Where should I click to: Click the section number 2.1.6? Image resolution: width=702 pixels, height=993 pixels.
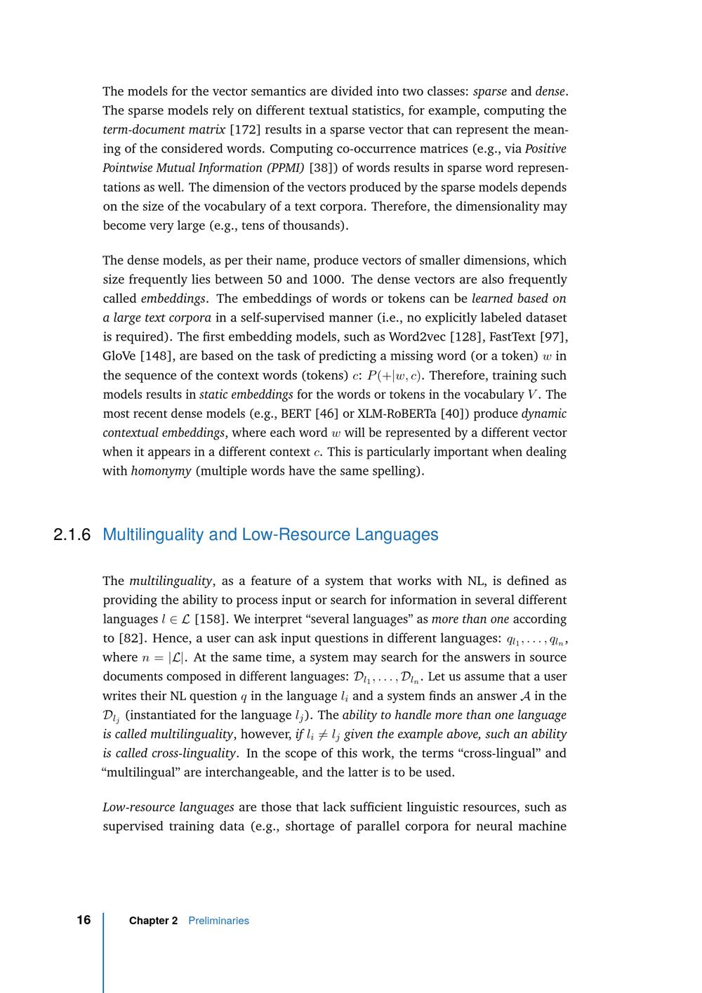[72, 535]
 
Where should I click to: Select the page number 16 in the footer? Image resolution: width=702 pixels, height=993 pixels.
[84, 920]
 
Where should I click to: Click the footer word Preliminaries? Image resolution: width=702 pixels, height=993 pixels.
[218, 921]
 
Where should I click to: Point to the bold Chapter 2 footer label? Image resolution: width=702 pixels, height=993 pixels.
[153, 921]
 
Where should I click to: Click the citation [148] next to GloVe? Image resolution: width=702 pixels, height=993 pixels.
[156, 356]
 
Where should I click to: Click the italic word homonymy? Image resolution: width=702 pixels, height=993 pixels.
[161, 471]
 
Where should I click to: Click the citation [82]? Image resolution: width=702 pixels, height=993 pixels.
[133, 638]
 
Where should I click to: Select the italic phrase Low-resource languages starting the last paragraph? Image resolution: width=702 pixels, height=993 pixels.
[168, 807]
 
